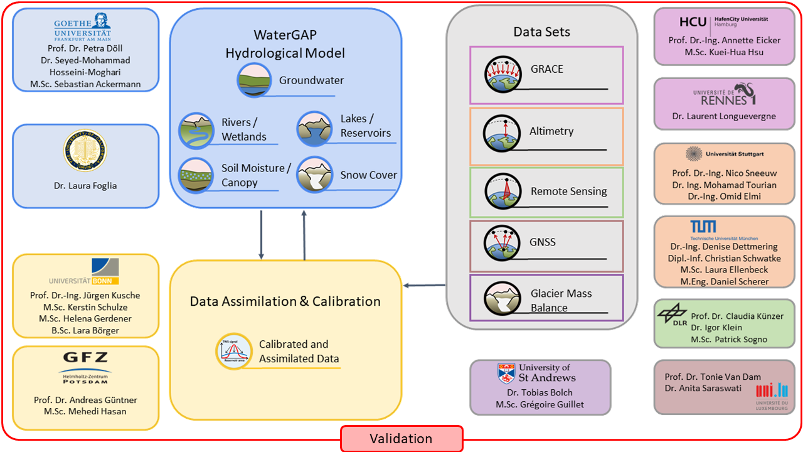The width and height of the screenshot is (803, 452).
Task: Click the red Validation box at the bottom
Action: point(401,438)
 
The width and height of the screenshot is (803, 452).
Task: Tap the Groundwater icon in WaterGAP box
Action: point(254,80)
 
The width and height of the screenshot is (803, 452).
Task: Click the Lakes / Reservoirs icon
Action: point(314,127)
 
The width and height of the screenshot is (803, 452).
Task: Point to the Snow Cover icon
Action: point(314,175)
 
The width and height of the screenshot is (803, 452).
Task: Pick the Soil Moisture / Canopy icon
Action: point(196,175)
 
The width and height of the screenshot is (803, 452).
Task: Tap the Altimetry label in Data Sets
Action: point(551,131)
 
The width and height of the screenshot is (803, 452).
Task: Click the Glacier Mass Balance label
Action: point(561,300)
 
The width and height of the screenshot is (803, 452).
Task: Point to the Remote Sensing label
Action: point(568,191)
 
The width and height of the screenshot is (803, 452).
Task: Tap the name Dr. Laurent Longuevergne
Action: point(723,116)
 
